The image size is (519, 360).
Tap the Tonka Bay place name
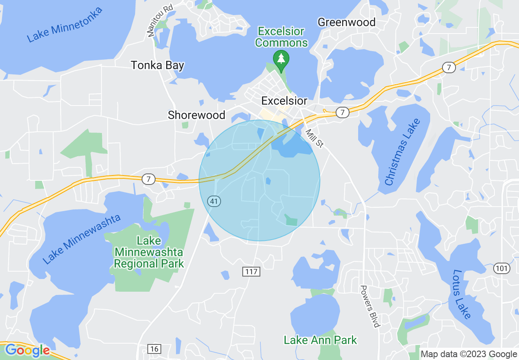(158, 65)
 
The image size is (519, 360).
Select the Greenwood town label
(347, 22)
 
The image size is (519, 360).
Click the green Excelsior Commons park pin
(281, 59)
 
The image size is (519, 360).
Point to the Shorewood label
(196, 115)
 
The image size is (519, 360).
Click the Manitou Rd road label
(160, 20)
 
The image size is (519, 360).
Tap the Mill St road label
(314, 138)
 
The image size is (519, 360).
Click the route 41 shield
(213, 201)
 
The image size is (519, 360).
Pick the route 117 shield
(251, 271)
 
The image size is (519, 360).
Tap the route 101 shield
(502, 268)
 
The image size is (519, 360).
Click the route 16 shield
(154, 349)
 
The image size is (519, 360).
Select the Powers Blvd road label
(370, 306)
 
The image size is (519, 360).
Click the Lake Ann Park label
(320, 340)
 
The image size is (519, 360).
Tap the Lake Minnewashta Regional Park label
(149, 252)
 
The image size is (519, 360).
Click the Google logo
(27, 350)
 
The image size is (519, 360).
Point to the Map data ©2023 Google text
(469, 354)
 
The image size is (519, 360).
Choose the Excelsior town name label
(284, 101)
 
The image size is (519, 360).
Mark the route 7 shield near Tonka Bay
(149, 179)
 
